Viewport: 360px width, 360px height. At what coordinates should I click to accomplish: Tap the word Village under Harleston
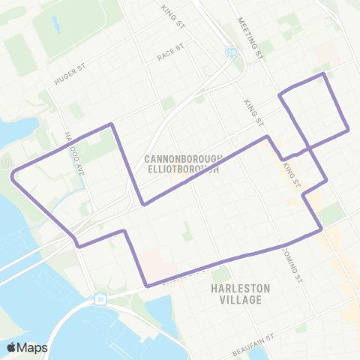[x=241, y=300]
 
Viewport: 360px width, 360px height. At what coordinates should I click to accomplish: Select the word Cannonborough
[x=181, y=159]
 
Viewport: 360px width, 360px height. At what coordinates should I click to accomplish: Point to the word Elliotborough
[x=181, y=169]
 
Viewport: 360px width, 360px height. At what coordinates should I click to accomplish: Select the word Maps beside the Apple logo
[x=32, y=347]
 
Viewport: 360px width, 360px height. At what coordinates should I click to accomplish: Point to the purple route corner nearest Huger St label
[x=112, y=124]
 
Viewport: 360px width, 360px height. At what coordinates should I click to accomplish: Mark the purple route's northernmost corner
[x=323, y=73]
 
